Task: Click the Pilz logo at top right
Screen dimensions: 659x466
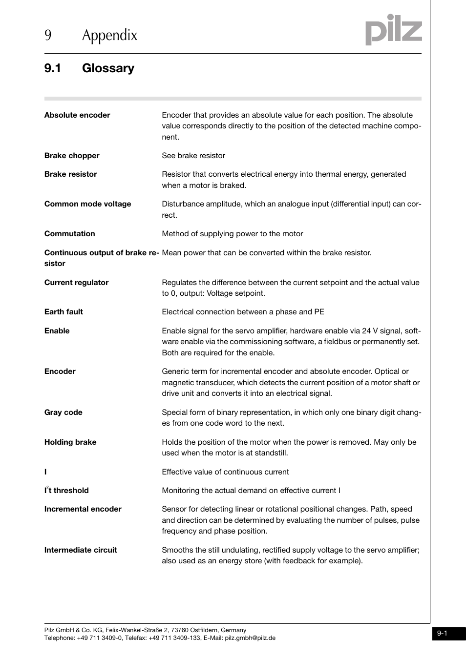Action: pos(393,30)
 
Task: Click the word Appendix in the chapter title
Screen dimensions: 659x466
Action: pos(109,35)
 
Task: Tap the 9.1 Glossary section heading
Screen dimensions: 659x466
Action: pos(89,68)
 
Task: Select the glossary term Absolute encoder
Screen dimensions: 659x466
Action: pos(77,115)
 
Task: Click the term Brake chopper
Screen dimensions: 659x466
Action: pos(72,156)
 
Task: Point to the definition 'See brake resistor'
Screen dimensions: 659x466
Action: pos(193,156)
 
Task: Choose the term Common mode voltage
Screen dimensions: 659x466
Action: pos(87,204)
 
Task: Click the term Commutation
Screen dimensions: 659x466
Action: pos(70,234)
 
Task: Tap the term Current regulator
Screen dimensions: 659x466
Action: pos(76,283)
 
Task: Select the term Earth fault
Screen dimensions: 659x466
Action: pos(64,312)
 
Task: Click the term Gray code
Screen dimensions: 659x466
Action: pos(63,412)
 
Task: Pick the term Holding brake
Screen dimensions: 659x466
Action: pos(70,442)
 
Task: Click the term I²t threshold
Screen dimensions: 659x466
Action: pos(67,491)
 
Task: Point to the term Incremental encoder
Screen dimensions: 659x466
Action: pos(83,509)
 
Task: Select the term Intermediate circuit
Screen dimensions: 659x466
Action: pos(81,550)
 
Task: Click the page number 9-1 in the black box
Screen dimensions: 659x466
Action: pos(442,634)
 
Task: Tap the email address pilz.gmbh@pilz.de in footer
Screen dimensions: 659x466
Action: pos(250,638)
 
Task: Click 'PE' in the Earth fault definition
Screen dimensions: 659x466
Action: pos(319,312)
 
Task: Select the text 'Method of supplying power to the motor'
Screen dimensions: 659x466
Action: pos(233,234)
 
